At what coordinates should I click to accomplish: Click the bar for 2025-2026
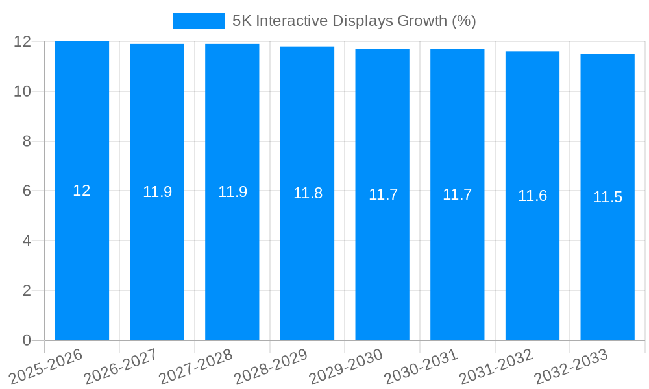(x=82, y=259)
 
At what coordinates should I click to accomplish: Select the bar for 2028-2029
(x=307, y=259)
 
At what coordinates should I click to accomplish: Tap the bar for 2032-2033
(x=607, y=259)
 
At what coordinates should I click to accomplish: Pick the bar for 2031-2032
(x=532, y=259)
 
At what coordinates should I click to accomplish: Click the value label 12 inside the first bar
(x=82, y=191)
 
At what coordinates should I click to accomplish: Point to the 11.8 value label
(x=308, y=193)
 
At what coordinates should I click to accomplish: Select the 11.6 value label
(x=532, y=196)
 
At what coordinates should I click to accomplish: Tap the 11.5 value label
(x=607, y=198)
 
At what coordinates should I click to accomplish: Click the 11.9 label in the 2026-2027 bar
(x=157, y=192)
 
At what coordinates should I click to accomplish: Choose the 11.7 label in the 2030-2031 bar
(x=457, y=194)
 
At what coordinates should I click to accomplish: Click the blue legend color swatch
(x=198, y=21)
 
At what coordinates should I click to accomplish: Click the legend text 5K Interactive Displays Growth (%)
(x=354, y=21)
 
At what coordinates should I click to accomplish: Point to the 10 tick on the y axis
(x=23, y=91)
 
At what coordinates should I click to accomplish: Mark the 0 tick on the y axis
(x=27, y=340)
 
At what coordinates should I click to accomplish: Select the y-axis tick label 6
(x=27, y=191)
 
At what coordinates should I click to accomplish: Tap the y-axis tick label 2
(x=27, y=290)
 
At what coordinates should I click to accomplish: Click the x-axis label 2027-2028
(x=195, y=367)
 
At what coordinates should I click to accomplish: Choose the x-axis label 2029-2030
(x=345, y=367)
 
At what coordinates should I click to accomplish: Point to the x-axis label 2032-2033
(x=570, y=367)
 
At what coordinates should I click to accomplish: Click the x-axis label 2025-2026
(x=45, y=367)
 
